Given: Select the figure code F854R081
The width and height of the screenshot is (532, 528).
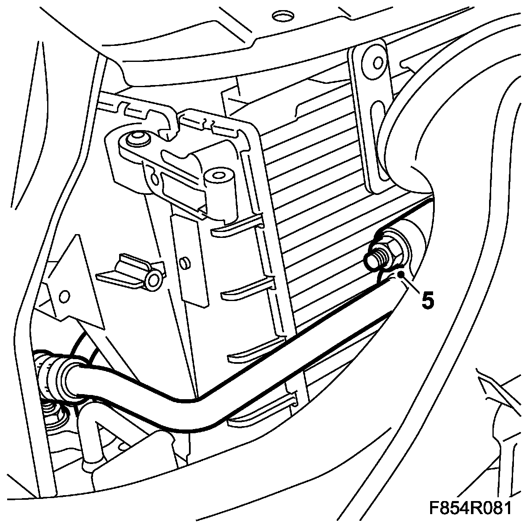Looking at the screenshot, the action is tap(470, 508).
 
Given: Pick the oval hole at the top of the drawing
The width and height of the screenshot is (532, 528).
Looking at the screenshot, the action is tap(282, 16).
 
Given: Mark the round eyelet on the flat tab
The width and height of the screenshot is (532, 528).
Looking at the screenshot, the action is tap(154, 279).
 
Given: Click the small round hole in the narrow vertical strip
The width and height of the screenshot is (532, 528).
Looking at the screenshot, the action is tap(184, 264).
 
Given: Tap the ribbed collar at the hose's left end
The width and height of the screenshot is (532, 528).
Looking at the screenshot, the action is tap(50, 374).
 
